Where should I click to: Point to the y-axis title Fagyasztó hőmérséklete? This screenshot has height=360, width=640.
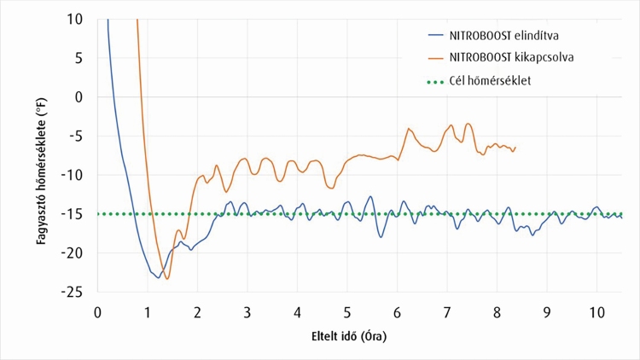[x=40, y=155]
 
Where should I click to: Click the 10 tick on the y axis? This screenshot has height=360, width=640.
[x=78, y=19]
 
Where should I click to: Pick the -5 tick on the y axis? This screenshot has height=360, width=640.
[x=78, y=136]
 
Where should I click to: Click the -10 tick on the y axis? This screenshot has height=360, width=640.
[x=75, y=175]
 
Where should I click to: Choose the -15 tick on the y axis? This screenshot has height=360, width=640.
[x=75, y=214]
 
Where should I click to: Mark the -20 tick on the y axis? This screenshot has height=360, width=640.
[x=75, y=253]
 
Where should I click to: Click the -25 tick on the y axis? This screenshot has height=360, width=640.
[x=75, y=292]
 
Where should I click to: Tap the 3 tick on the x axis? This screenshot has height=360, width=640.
[x=247, y=310]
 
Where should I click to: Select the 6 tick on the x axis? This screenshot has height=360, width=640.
[x=397, y=310]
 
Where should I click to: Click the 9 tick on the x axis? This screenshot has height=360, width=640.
[x=547, y=310]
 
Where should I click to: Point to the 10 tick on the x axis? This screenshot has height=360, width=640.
[x=596, y=310]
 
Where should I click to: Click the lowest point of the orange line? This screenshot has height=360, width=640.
[x=167, y=279]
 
